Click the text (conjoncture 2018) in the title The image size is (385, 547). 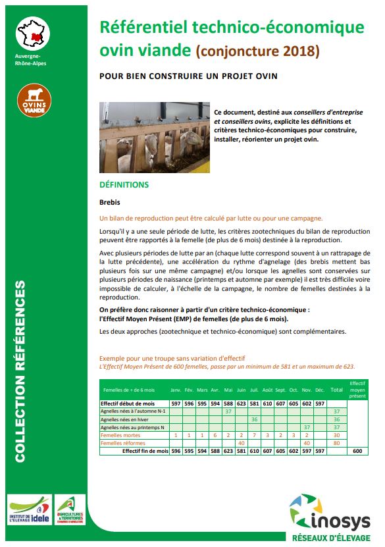click(258, 50)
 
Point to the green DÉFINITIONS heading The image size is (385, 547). click(124, 185)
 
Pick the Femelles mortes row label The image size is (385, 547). click(120, 435)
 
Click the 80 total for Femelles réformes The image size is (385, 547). click(336, 443)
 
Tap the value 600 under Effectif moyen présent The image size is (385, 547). click(357, 452)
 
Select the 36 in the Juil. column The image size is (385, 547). click(254, 419)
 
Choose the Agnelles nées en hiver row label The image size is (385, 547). click(126, 419)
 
